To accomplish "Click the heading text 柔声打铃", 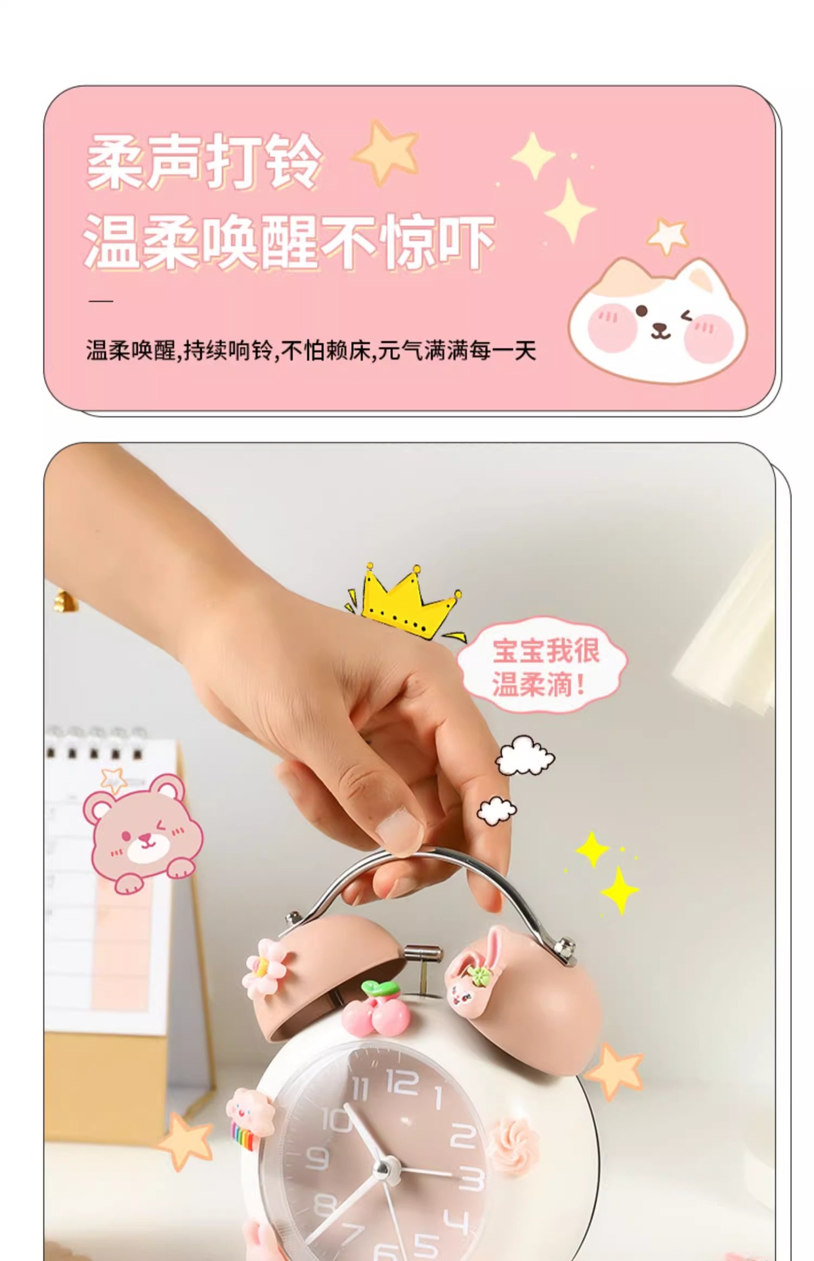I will (x=204, y=161).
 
